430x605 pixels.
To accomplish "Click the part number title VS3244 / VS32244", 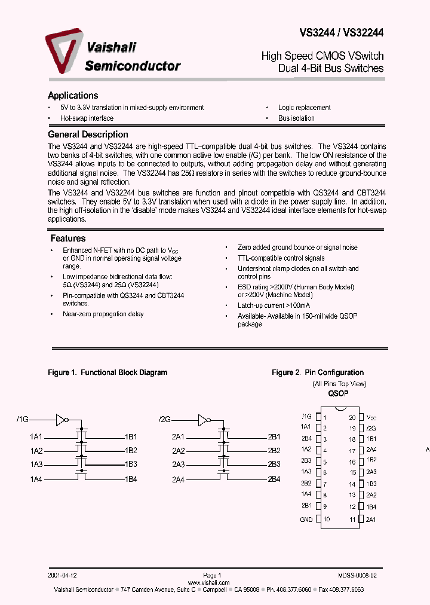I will [x=342, y=34].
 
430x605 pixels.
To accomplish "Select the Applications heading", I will [x=73, y=96].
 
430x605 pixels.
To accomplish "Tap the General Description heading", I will [x=88, y=135].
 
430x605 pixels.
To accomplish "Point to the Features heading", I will [x=68, y=238].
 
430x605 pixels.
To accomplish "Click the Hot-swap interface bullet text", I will [x=87, y=118].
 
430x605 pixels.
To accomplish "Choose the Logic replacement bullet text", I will [x=304, y=108].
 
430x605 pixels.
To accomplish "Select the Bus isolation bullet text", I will [x=296, y=118].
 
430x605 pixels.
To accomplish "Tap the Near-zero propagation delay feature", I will [x=103, y=314].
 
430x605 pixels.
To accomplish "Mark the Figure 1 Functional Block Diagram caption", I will [x=107, y=372].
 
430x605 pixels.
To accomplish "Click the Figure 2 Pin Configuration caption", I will [x=318, y=372].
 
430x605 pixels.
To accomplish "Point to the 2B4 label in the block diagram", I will [x=274, y=479].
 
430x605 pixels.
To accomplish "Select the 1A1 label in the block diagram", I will [x=36, y=436].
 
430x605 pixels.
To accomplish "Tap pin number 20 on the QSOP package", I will [x=352, y=417].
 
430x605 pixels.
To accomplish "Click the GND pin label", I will [x=306, y=520].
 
